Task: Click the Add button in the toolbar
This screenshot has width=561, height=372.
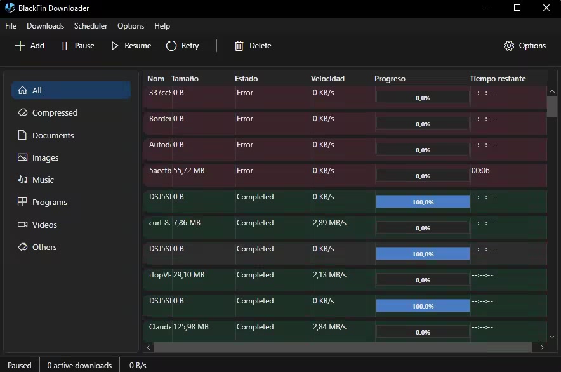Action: [x=30, y=46]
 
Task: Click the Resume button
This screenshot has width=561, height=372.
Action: [x=131, y=46]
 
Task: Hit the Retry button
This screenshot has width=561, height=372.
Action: [x=183, y=46]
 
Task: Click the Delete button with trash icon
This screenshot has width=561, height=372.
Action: [x=253, y=46]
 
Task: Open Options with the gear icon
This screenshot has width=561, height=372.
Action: [x=524, y=46]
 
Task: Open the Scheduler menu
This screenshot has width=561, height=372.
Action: [x=91, y=26]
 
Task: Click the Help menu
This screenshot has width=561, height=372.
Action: [x=162, y=26]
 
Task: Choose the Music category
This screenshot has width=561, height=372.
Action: [x=43, y=180]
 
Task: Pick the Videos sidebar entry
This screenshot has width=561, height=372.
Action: [x=44, y=225]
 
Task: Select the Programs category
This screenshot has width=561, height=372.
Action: [x=49, y=202]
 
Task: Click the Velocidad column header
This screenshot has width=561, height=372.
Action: [x=327, y=79]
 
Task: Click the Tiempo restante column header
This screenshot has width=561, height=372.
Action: [x=498, y=79]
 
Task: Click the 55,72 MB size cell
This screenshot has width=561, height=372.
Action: [x=189, y=171]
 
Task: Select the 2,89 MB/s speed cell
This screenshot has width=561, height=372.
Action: [x=329, y=223]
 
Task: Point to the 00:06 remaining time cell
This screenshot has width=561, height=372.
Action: [x=480, y=171]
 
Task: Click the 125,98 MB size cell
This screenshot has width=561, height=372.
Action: [x=191, y=327]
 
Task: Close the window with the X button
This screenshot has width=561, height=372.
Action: [x=546, y=8]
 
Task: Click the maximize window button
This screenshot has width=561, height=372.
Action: [x=517, y=8]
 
